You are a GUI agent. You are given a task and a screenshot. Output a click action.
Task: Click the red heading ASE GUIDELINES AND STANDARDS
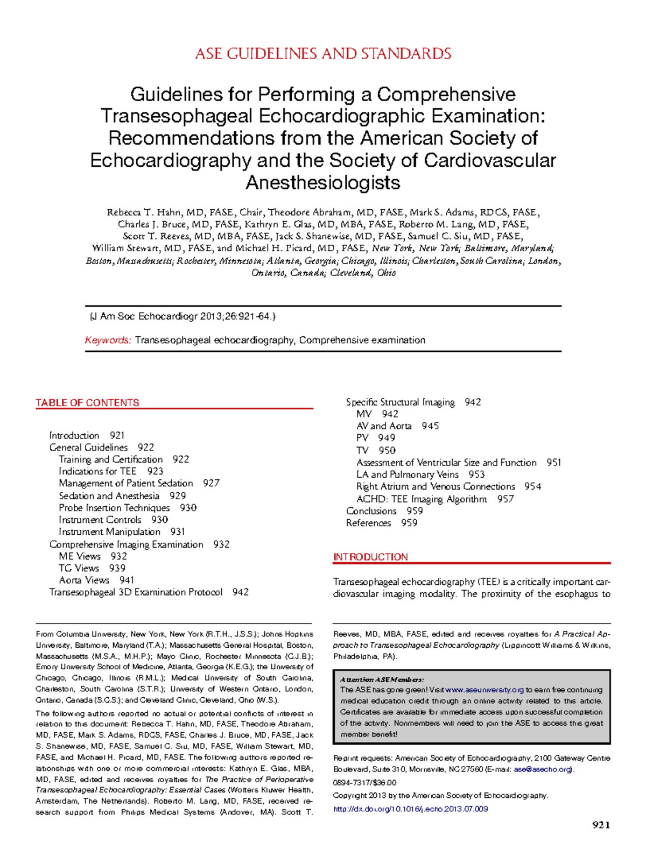(x=323, y=54)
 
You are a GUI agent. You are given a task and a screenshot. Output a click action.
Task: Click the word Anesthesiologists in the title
(x=323, y=183)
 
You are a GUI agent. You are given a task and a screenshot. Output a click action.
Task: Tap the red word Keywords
(x=108, y=340)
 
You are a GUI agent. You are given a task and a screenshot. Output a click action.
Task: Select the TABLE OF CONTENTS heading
(x=87, y=402)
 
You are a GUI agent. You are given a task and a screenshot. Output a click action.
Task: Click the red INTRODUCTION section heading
(x=370, y=557)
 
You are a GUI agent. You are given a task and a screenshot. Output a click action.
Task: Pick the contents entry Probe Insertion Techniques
(x=114, y=508)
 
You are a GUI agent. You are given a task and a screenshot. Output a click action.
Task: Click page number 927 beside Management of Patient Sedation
(x=211, y=483)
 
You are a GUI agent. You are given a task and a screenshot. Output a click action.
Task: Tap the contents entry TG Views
(x=79, y=568)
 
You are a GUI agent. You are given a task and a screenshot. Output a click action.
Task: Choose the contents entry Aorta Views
(x=84, y=580)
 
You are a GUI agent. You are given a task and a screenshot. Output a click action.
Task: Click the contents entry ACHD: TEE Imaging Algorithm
(x=422, y=499)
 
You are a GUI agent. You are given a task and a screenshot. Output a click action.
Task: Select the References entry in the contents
(x=368, y=523)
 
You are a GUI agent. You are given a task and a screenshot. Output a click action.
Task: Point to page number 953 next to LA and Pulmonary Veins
(x=476, y=475)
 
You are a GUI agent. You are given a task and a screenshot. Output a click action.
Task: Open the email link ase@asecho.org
(x=542, y=769)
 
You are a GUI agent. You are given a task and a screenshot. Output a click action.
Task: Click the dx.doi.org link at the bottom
(x=410, y=809)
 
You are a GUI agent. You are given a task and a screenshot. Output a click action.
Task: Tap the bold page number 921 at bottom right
(x=601, y=825)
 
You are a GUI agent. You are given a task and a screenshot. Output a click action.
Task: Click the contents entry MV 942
(x=377, y=414)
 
